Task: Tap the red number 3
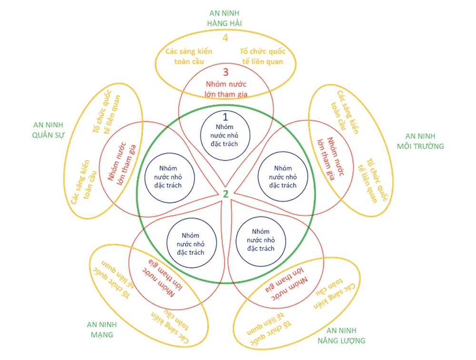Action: point(226,73)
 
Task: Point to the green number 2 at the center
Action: point(226,194)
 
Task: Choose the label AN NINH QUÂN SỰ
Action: point(48,130)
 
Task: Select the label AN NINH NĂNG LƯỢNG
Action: point(341,336)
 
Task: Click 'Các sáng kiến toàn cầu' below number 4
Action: point(188,56)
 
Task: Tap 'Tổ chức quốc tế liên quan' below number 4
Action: point(261,56)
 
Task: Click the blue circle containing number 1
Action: point(225,135)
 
